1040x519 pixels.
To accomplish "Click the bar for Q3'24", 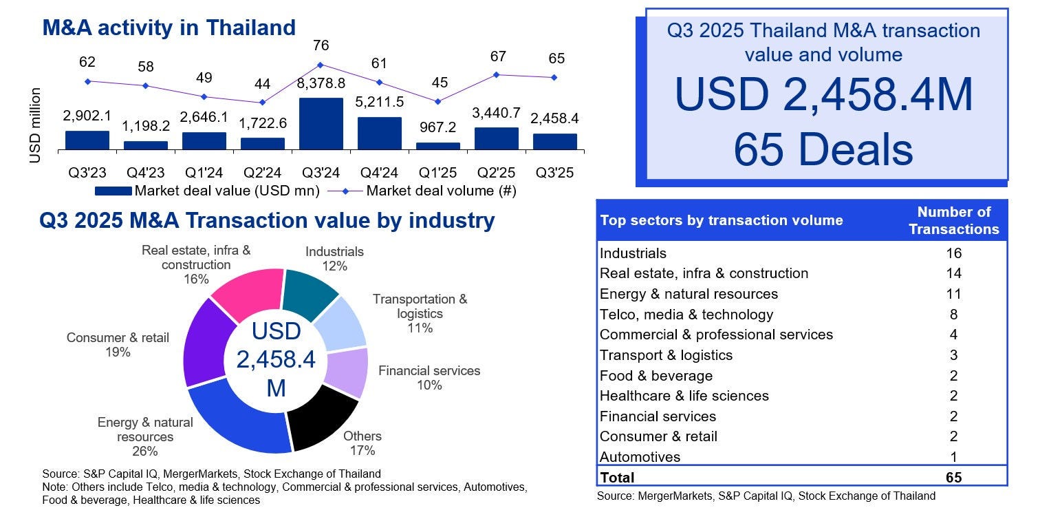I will [x=321, y=124].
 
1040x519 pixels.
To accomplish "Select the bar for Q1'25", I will [x=438, y=146].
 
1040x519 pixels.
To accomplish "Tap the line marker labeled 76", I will [x=321, y=65].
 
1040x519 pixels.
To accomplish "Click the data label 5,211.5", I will [x=380, y=102].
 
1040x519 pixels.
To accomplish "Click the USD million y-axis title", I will [x=35, y=125].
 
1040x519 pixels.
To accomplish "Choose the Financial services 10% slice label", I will [x=429, y=377].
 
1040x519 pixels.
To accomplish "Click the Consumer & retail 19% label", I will [x=118, y=344].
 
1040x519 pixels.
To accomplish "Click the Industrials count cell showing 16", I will [x=953, y=253].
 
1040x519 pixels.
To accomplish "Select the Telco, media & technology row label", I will [x=686, y=315].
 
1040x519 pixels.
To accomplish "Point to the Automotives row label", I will [x=640, y=457].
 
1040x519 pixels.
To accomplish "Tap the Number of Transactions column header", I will [x=953, y=220].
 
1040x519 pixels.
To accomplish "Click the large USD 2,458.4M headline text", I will [x=823, y=95].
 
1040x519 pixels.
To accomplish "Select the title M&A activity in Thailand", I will [x=169, y=28].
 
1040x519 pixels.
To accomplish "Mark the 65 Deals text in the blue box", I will [x=823, y=150].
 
